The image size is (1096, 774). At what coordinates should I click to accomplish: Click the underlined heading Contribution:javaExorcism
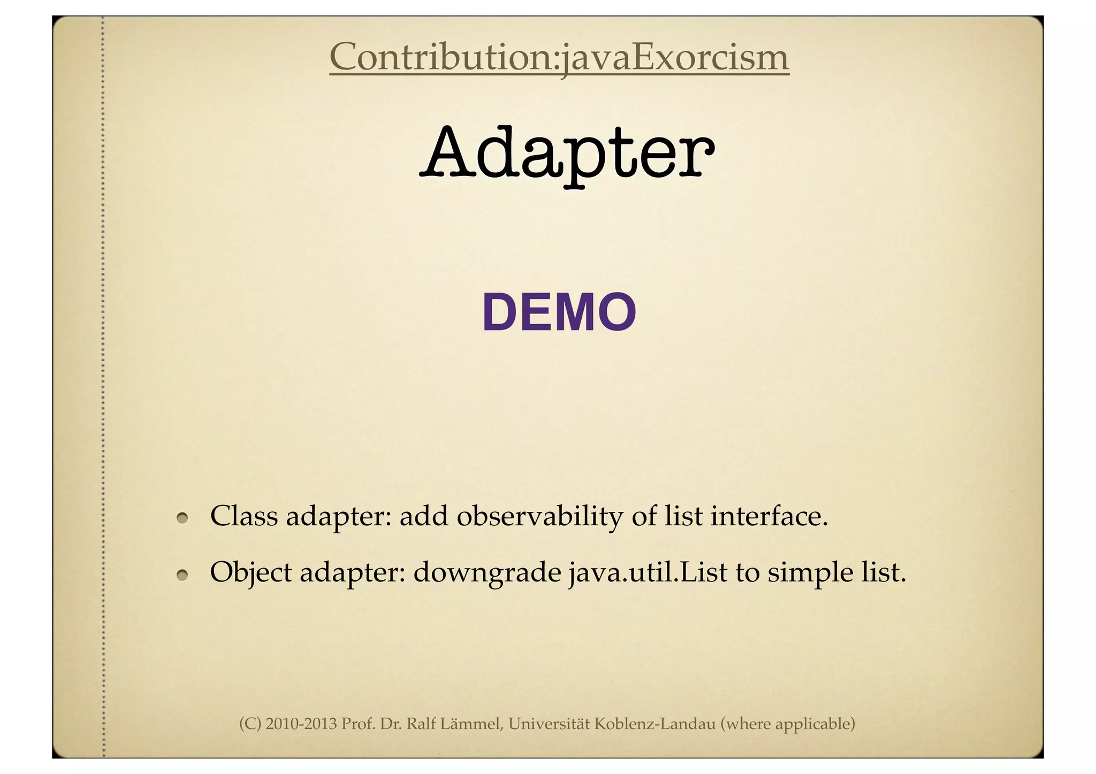pyautogui.click(x=559, y=57)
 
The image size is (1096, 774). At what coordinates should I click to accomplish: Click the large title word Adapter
pyautogui.click(x=567, y=152)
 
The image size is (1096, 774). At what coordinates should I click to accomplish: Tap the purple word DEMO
pyautogui.click(x=559, y=313)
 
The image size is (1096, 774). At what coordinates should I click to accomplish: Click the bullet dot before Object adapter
pyautogui.click(x=183, y=574)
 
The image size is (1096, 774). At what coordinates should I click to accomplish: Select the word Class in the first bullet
pyautogui.click(x=244, y=516)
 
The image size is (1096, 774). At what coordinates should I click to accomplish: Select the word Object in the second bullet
pyautogui.click(x=250, y=573)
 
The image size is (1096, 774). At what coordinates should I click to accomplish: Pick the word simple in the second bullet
pyautogui.click(x=811, y=573)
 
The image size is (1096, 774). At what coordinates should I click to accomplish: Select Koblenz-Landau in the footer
pyautogui.click(x=655, y=724)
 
